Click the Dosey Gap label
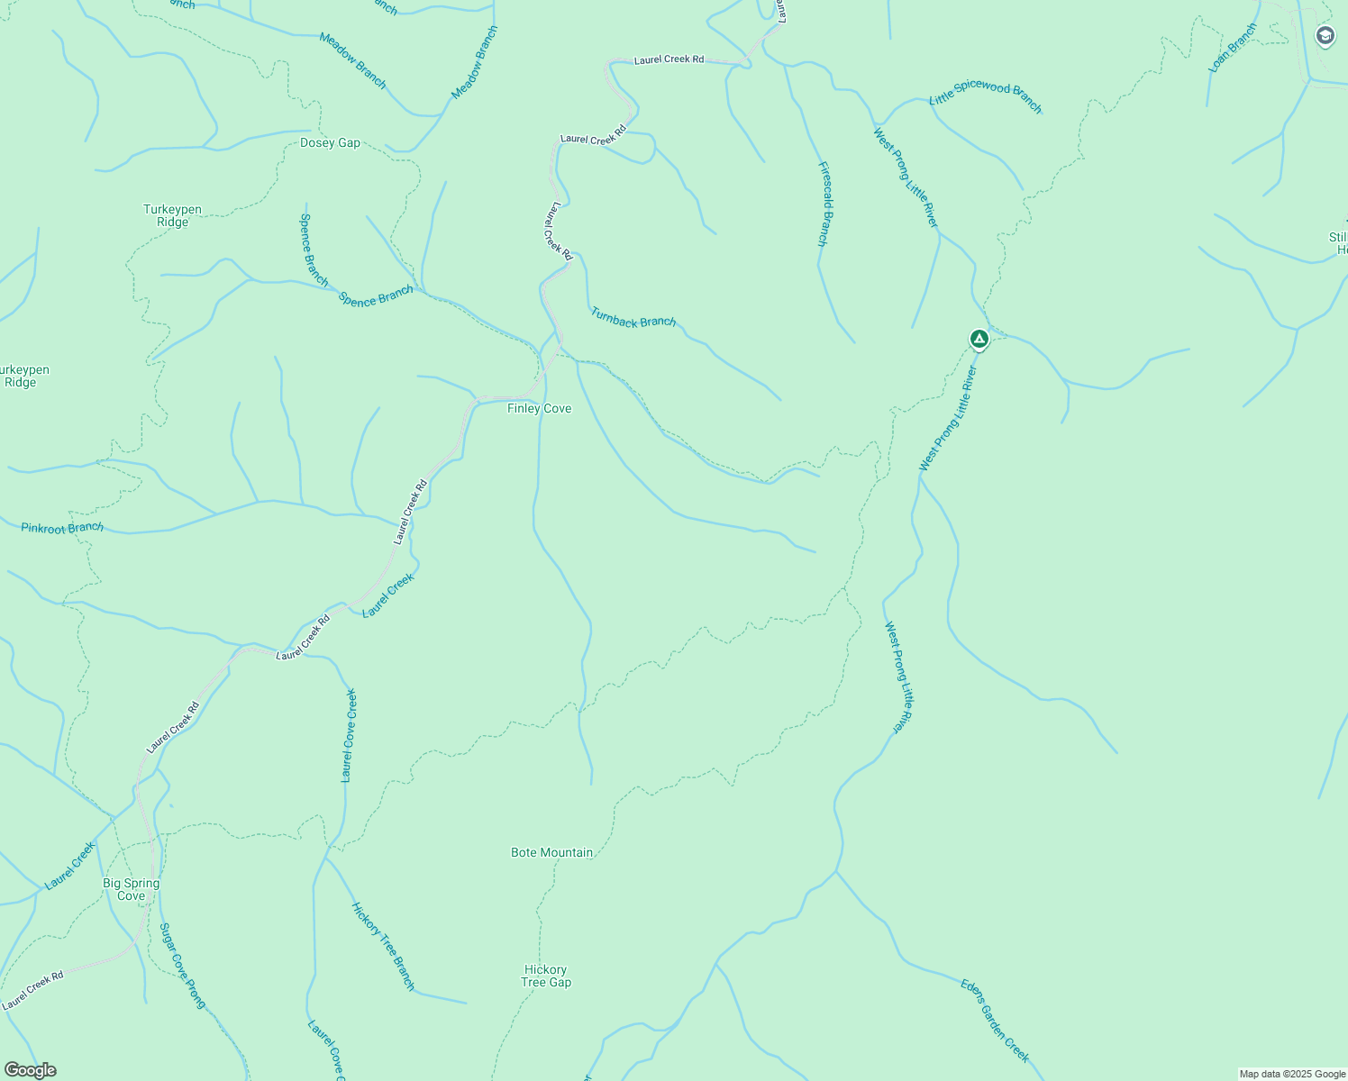330,143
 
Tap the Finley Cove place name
539,409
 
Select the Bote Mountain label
551,853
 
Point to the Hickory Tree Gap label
546,977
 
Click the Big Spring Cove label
131,890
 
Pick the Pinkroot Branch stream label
62,528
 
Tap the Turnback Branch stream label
633,317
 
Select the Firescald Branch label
823,204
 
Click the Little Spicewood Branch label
986,97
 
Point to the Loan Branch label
1233,49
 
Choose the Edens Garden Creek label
995,1021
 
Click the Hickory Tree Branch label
383,946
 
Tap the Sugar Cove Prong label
182,965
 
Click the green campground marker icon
979,340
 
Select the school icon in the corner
1325,36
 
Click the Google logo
30,1070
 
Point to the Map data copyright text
1291,1074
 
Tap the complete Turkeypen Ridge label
172,216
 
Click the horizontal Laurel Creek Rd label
669,59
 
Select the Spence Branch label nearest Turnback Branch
376,295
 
